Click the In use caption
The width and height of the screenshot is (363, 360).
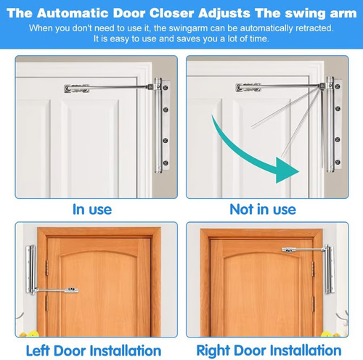point(92,209)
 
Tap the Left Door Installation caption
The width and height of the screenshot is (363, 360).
point(94,351)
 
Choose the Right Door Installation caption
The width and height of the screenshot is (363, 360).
point(270,351)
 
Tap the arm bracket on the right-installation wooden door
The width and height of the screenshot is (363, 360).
point(288,250)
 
